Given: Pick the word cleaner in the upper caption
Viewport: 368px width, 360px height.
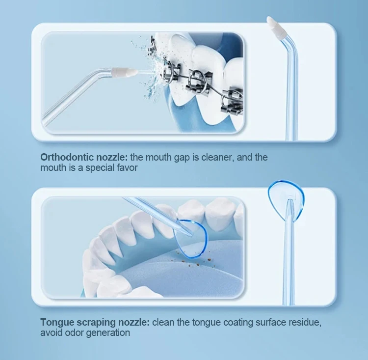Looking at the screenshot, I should click(x=216, y=158).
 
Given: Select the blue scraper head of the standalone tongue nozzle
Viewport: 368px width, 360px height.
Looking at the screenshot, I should click(x=286, y=195).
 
